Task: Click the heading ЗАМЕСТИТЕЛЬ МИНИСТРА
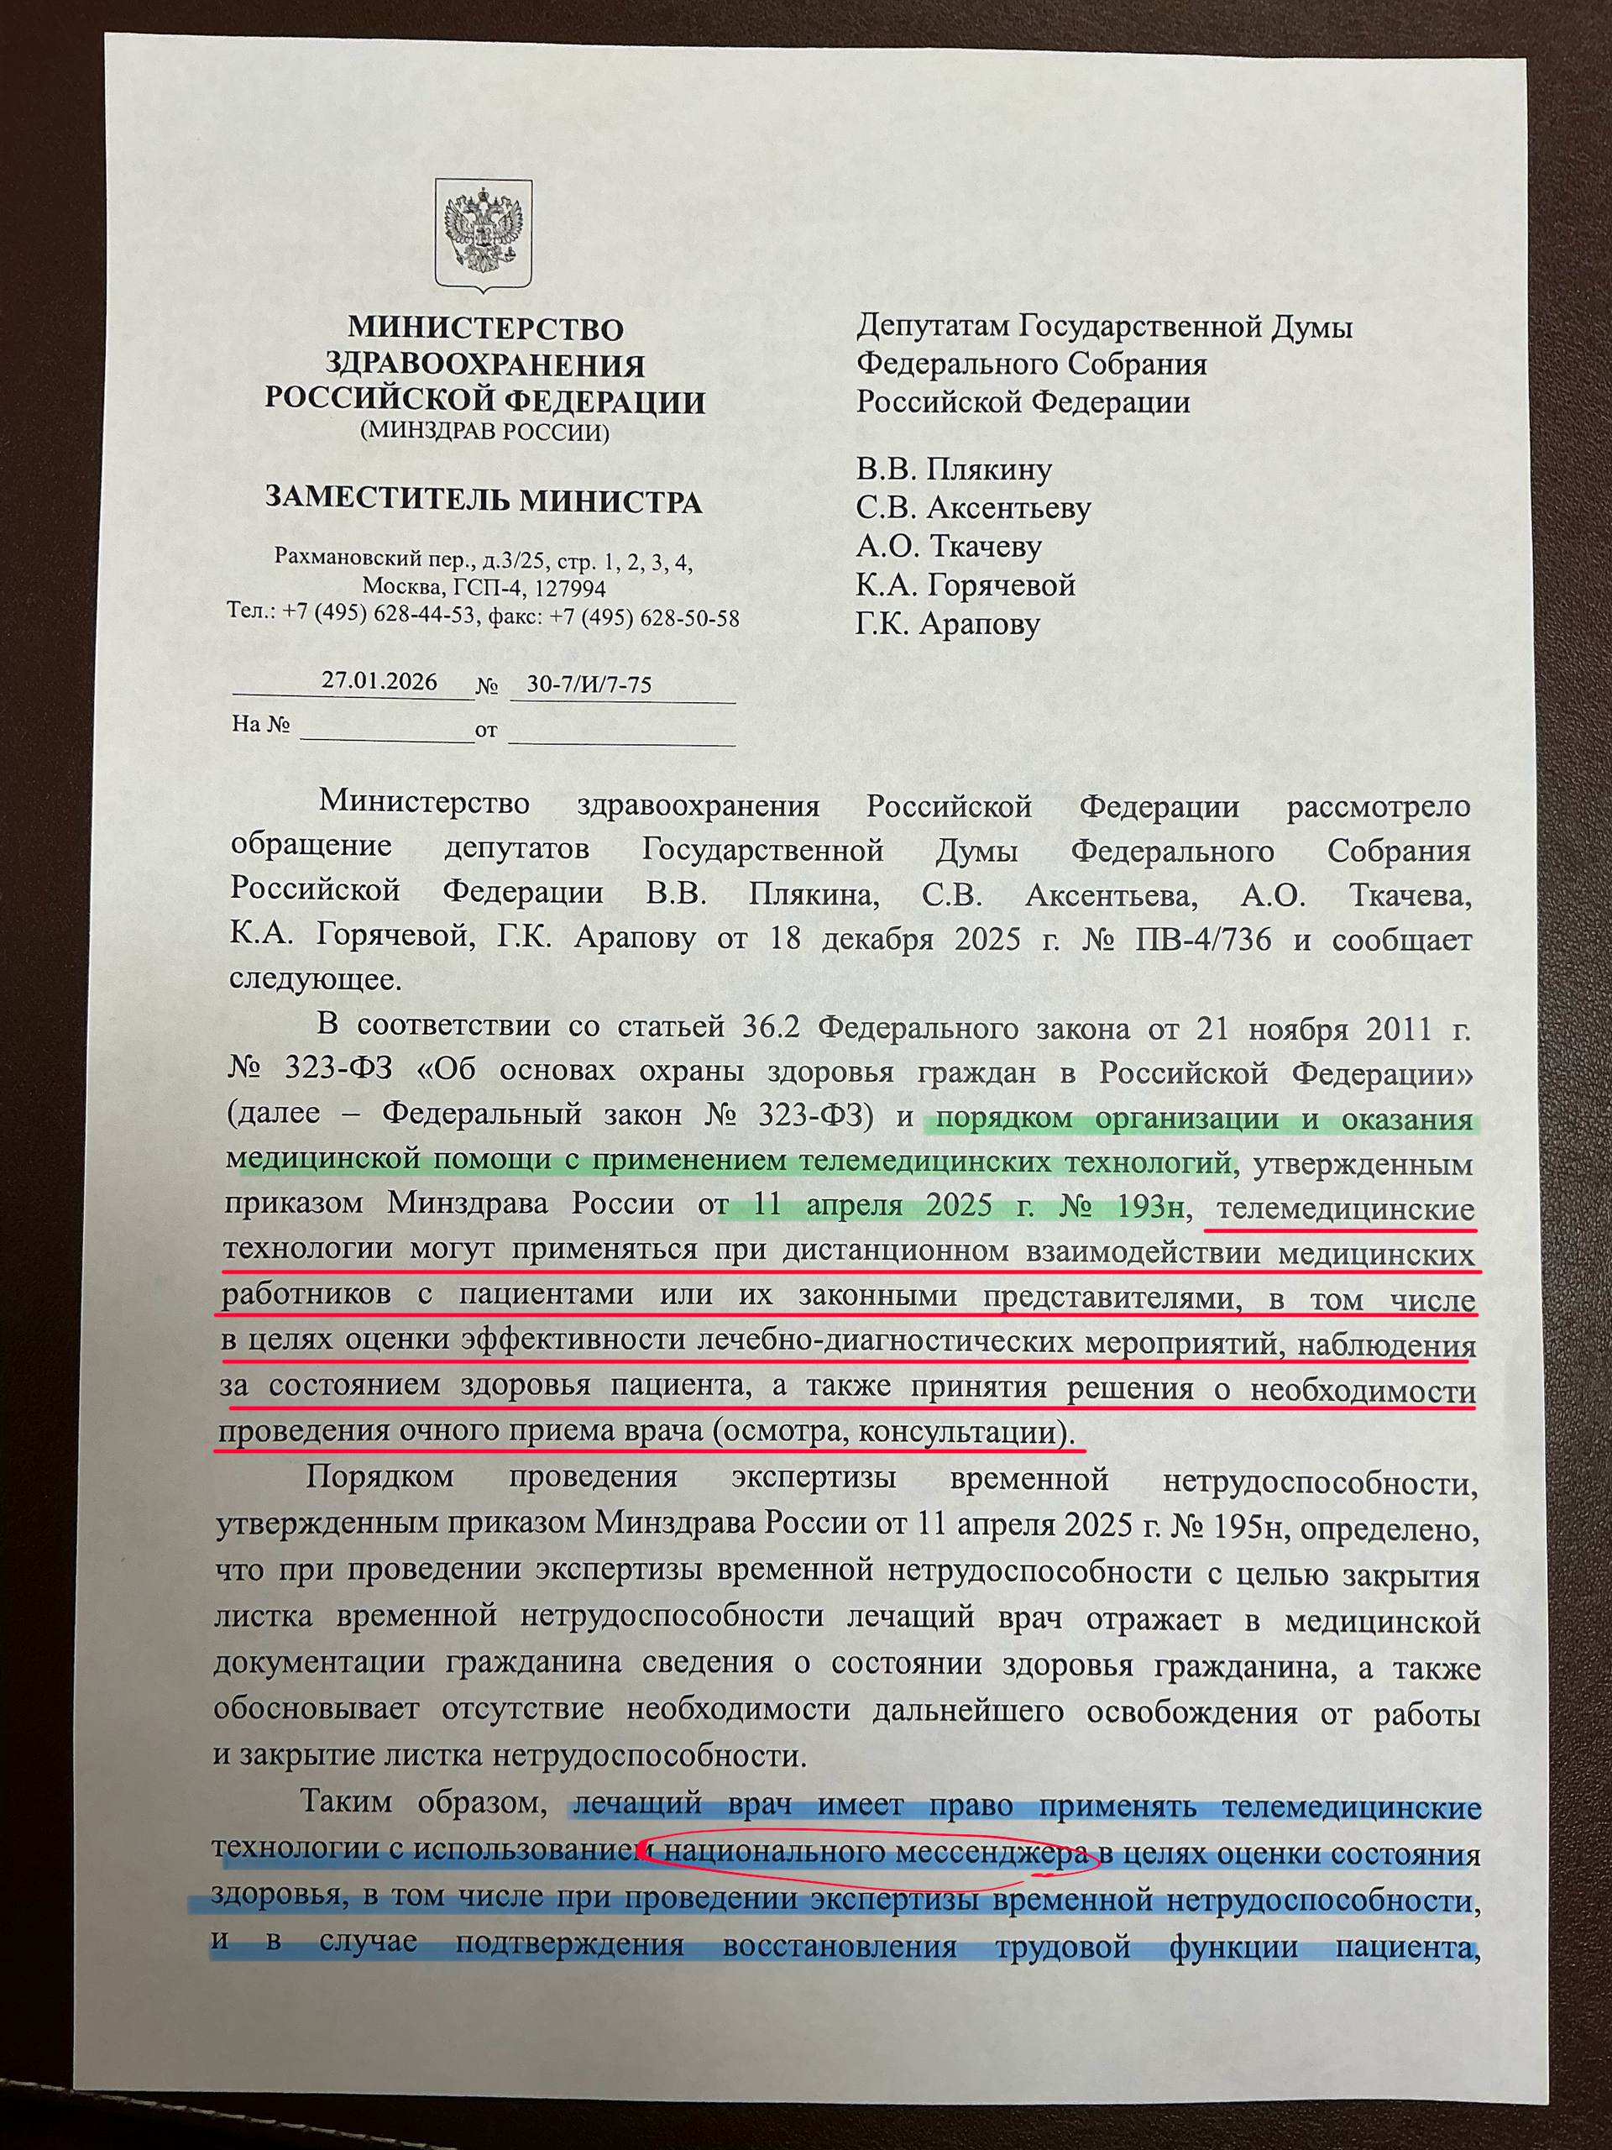[483, 501]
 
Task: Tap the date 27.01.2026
[379, 680]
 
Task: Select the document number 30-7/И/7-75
[588, 684]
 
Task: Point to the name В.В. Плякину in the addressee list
[953, 470]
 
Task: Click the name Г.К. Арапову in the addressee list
[947, 624]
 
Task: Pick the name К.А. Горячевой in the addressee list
[966, 585]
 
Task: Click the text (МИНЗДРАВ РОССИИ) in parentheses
[484, 433]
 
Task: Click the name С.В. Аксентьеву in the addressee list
[972, 508]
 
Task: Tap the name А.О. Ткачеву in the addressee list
[949, 546]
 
